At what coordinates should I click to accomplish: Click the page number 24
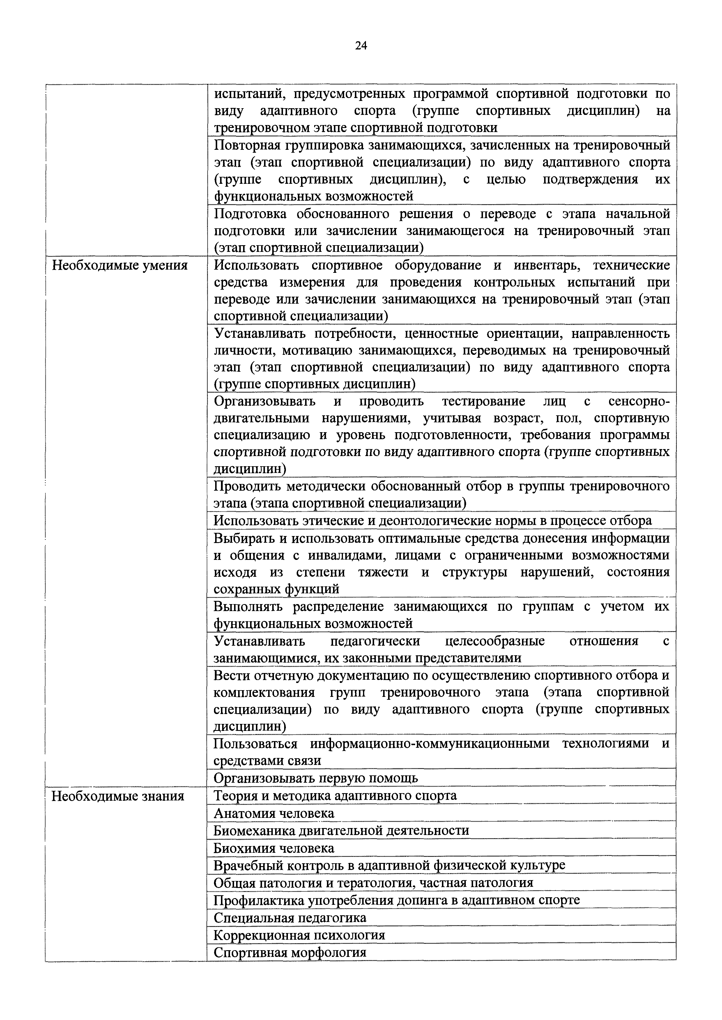[361, 46]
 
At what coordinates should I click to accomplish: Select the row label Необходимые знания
[118, 796]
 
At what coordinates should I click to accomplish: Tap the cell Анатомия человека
[274, 813]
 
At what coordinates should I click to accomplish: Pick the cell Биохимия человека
[274, 848]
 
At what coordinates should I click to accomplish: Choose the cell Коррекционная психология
[299, 935]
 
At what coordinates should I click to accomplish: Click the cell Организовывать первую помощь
[316, 778]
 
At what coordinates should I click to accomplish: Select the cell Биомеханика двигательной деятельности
[341, 831]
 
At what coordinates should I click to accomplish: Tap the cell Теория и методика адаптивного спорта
[335, 796]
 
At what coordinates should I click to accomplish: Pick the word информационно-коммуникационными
[429, 744]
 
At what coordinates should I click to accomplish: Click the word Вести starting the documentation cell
[231, 675]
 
